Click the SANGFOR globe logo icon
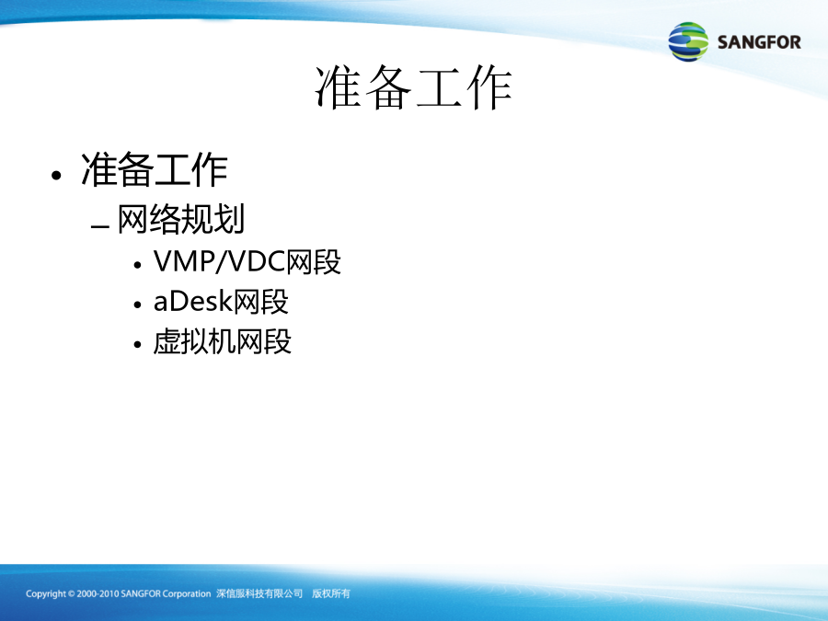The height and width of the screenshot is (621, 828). [688, 41]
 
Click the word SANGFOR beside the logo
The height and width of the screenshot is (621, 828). [759, 42]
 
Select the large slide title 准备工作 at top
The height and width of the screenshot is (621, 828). [413, 87]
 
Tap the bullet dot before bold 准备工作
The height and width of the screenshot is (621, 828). [56, 176]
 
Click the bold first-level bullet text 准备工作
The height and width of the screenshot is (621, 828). [155, 170]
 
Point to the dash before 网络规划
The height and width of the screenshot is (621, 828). [99, 227]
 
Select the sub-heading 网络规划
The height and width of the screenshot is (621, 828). [181, 219]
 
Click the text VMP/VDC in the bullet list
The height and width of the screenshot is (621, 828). [219, 261]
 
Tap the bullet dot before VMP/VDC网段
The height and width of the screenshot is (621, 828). [138, 264]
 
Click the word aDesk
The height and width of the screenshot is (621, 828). [193, 302]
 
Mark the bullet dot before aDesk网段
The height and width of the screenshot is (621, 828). [138, 305]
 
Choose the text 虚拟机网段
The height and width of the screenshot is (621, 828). [223, 341]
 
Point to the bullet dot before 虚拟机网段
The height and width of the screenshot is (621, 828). [138, 344]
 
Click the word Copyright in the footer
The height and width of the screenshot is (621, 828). [45, 594]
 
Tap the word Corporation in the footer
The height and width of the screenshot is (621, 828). [187, 594]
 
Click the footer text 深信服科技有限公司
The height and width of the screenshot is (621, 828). [259, 593]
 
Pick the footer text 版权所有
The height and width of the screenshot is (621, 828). [331, 593]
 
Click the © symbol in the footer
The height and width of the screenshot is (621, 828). [71, 594]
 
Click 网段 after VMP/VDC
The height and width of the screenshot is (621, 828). [313, 261]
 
